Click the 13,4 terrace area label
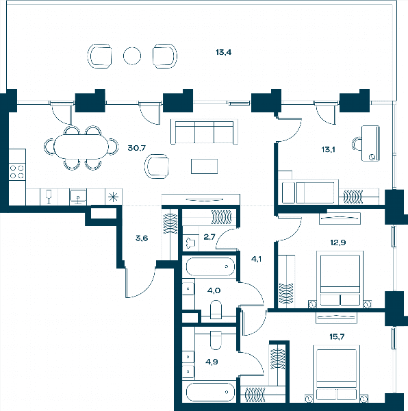pyautogui.click(x=223, y=52)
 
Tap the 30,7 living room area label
pyautogui.click(x=136, y=148)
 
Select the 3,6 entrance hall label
pyautogui.click(x=142, y=238)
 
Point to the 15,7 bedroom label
pyautogui.click(x=337, y=336)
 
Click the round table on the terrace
pyautogui.click(x=132, y=56)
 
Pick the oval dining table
pyautogui.click(x=81, y=147)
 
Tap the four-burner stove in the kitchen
pyautogui.click(x=17, y=172)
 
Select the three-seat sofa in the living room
pyautogui.click(x=204, y=132)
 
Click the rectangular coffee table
pyautogui.click(x=204, y=166)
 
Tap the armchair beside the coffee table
pyautogui.click(x=157, y=166)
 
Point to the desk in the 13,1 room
pyautogui.click(x=370, y=143)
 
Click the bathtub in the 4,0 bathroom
pyautogui.click(x=210, y=266)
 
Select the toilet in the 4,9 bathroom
pyautogui.click(x=216, y=340)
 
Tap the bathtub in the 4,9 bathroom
pyautogui.click(x=210, y=392)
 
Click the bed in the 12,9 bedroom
pyautogui.click(x=340, y=278)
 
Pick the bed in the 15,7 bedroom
pyautogui.click(x=337, y=373)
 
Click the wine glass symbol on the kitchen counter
pyautogui.click(x=49, y=197)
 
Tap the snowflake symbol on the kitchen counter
pyautogui.click(x=113, y=197)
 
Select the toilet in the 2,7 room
pyautogui.click(x=190, y=242)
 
